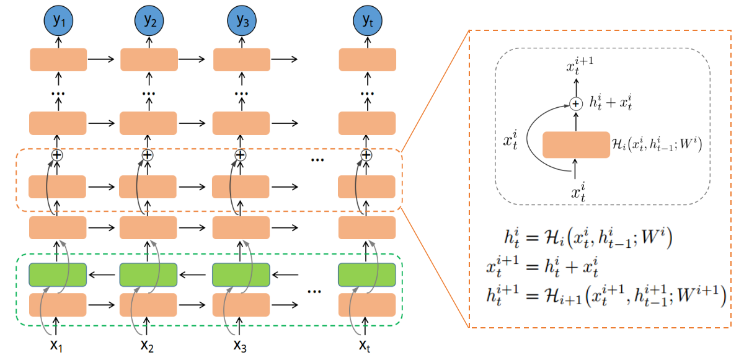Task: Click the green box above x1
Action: pyautogui.click(x=58, y=274)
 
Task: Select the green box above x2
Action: pyautogui.click(x=148, y=274)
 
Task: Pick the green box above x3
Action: pyautogui.click(x=241, y=274)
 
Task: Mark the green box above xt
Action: pyautogui.click(x=367, y=274)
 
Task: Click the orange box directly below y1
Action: pyautogui.click(x=58, y=59)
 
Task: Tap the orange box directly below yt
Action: pyautogui.click(x=367, y=59)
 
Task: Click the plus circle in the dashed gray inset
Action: pyautogui.click(x=576, y=104)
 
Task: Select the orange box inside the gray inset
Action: pyautogui.click(x=575, y=145)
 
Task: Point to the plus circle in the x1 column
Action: pyautogui.click(x=57, y=155)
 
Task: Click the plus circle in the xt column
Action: pyautogui.click(x=366, y=155)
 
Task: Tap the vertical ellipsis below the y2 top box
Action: pyautogui.click(x=148, y=94)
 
